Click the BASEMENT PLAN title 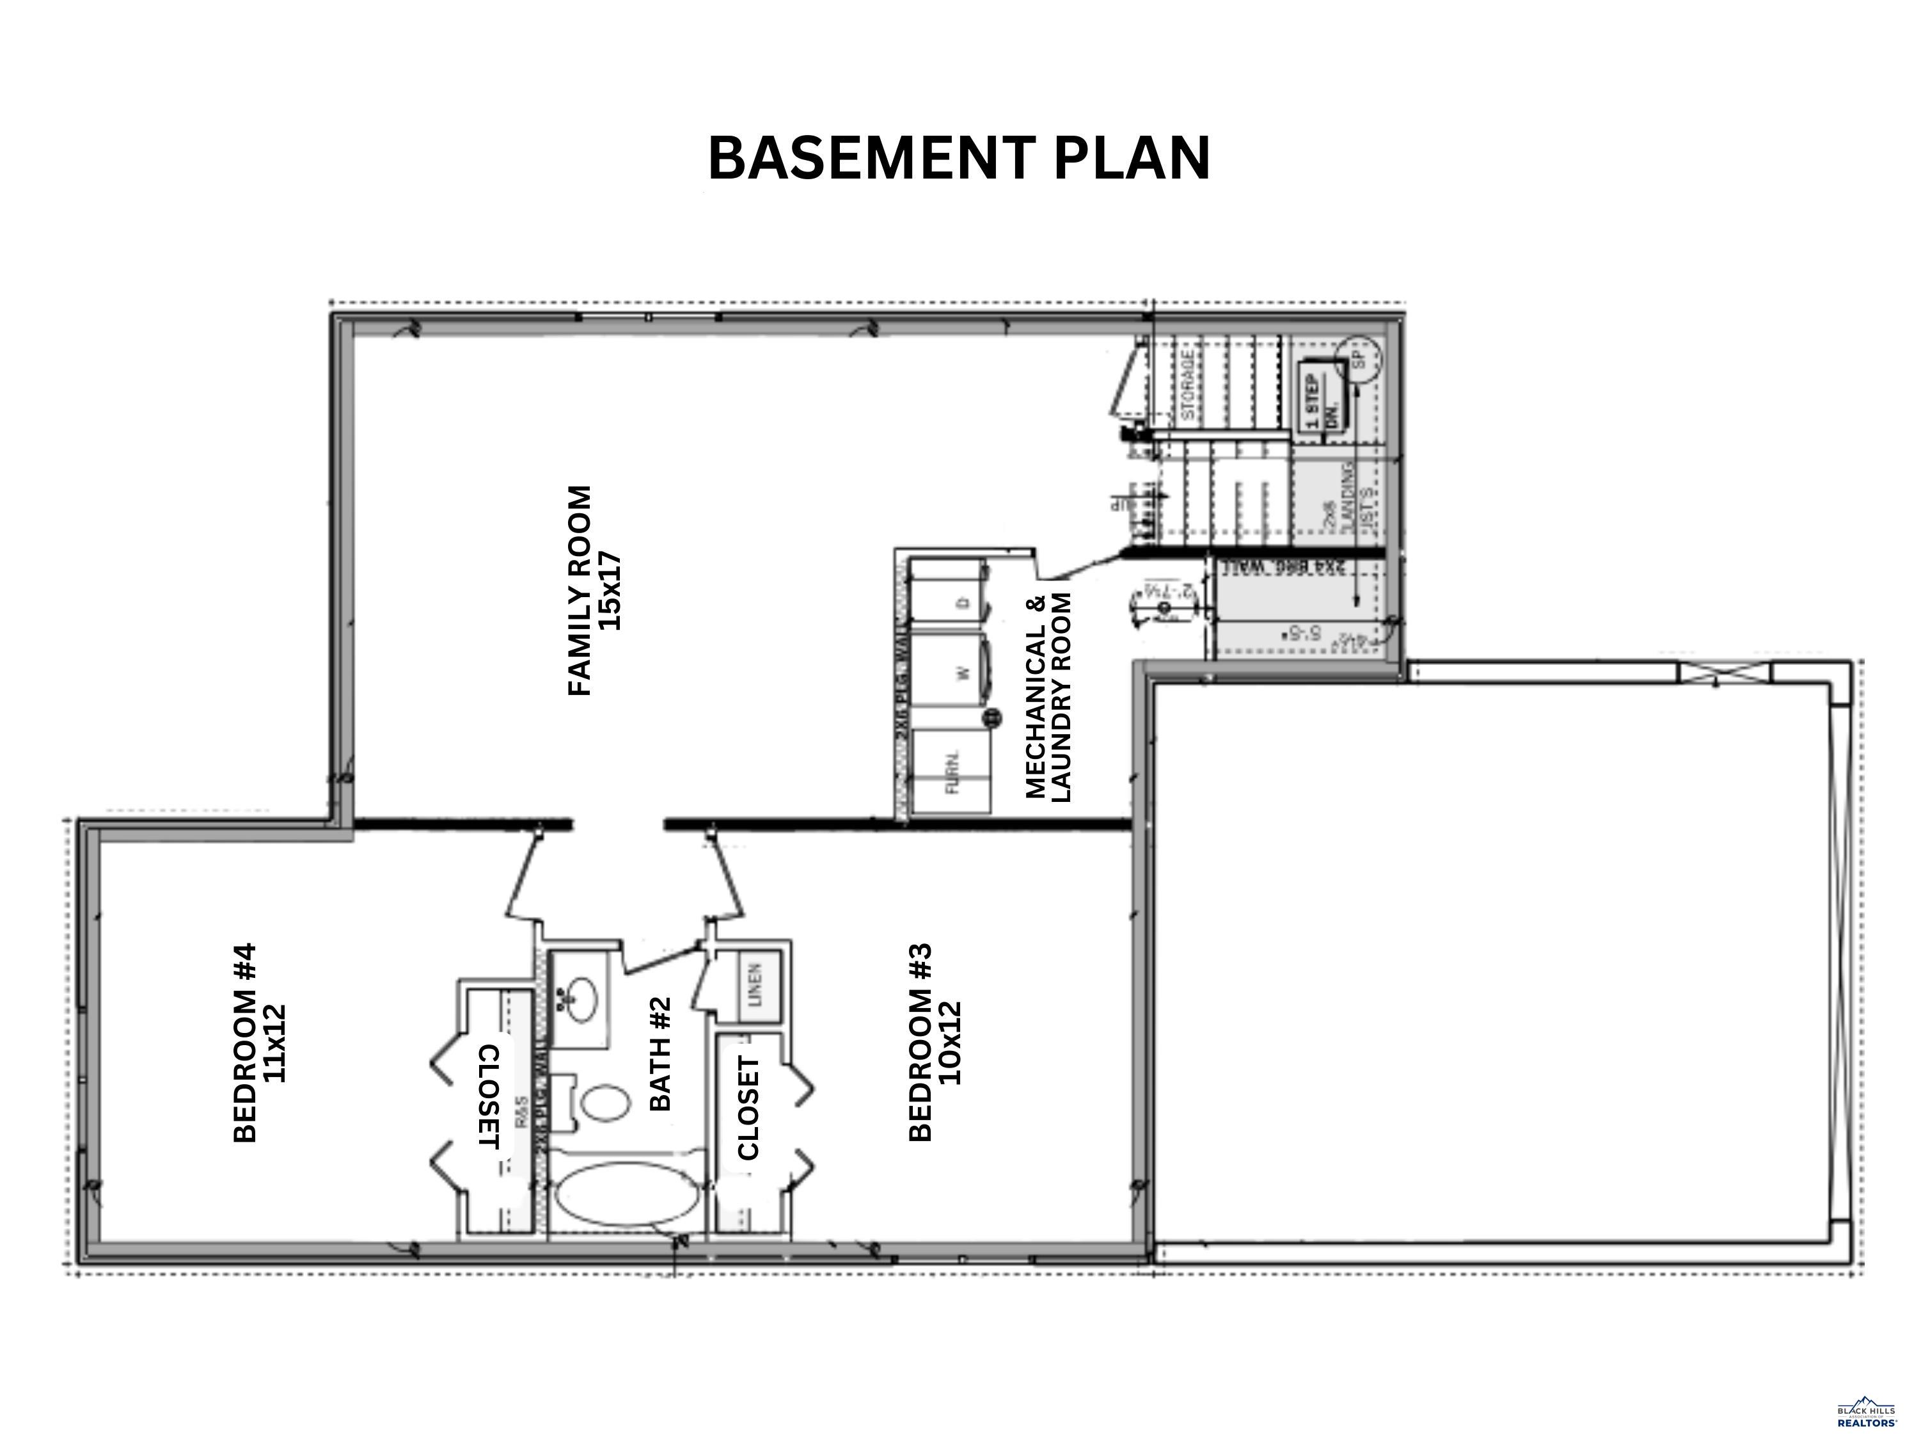coord(959,159)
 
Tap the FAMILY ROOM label coord(580,590)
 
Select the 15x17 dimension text coord(611,590)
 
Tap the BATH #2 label coord(661,1053)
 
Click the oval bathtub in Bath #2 coord(626,1196)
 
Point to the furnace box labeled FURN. coord(952,772)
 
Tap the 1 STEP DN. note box coord(1320,402)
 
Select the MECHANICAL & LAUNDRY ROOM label coord(1049,697)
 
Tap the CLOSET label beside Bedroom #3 coord(748,1108)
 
